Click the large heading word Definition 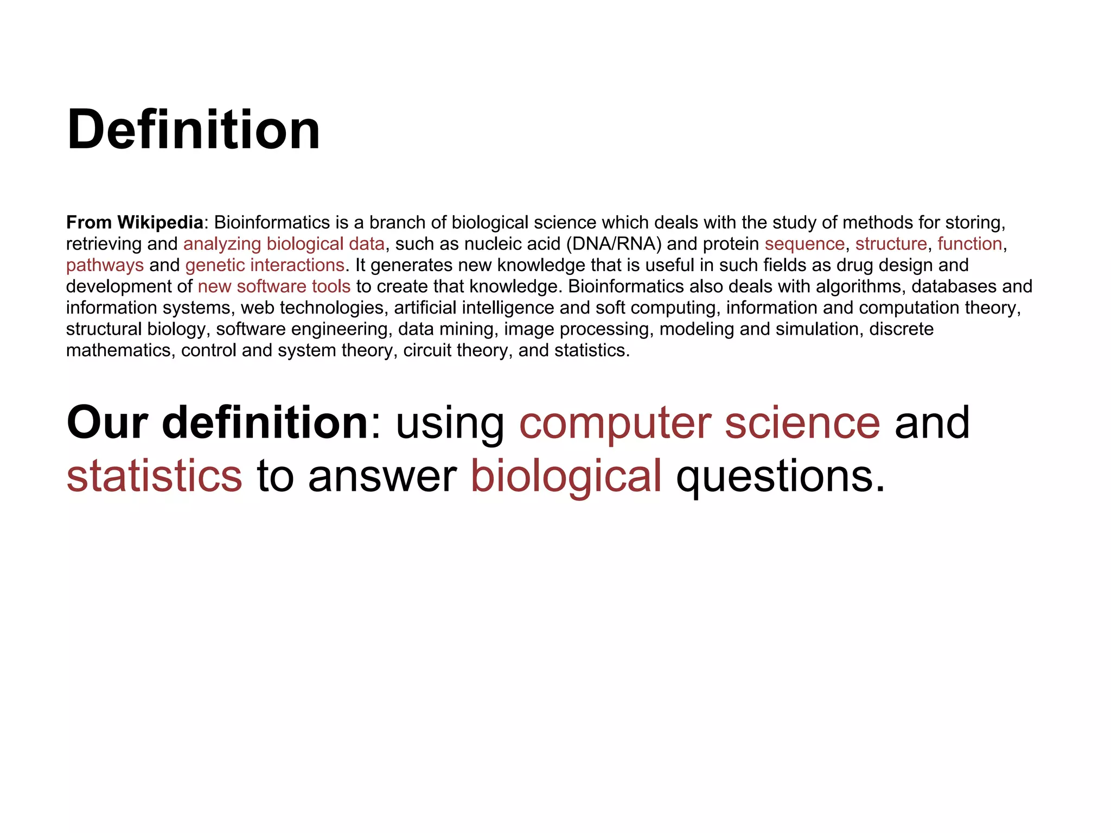tap(193, 130)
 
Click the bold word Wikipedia tap(160, 222)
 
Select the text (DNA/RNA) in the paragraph tap(614, 244)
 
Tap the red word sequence tap(804, 244)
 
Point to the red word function tap(969, 244)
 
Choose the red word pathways tap(105, 265)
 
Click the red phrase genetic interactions tap(265, 265)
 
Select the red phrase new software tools tap(274, 286)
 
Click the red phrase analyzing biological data tap(284, 244)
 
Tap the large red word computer tap(615, 424)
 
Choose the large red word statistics tap(154, 476)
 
